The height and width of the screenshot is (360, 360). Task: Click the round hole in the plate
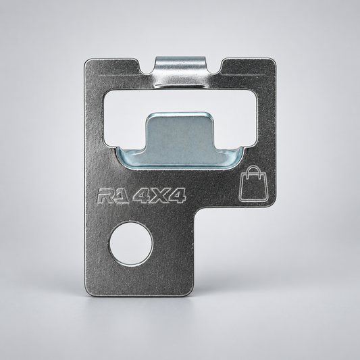pyautogui.click(x=130, y=243)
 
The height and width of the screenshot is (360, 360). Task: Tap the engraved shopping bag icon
pyautogui.click(x=253, y=184)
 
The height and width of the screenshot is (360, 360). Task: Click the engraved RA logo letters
pyautogui.click(x=113, y=196)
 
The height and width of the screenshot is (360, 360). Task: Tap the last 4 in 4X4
pyautogui.click(x=177, y=196)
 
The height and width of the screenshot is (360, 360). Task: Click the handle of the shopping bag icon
pyautogui.click(x=253, y=170)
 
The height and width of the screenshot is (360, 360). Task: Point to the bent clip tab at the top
pyautogui.click(x=180, y=71)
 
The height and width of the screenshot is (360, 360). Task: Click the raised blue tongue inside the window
pyautogui.click(x=180, y=136)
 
